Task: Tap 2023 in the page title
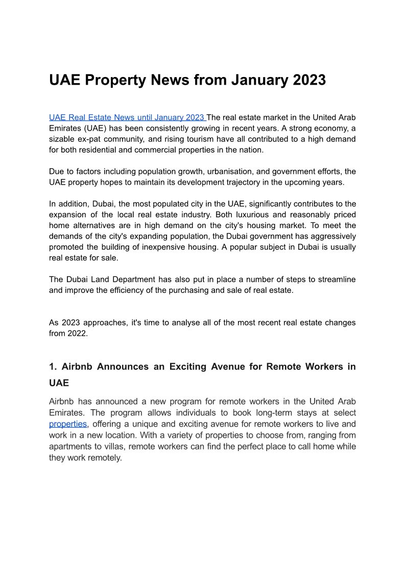click(304, 81)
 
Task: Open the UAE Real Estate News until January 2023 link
click(127, 118)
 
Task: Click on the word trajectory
click(235, 182)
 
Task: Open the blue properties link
click(68, 424)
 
